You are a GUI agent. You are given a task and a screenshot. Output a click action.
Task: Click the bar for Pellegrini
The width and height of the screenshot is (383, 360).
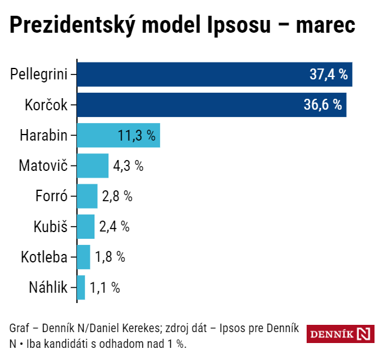pos(215,75)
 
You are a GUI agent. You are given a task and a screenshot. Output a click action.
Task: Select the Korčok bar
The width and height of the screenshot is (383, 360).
pos(211,105)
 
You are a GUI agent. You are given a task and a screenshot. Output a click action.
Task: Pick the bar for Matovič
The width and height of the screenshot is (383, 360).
pos(93,165)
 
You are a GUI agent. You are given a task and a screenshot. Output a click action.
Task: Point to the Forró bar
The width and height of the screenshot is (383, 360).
pos(87,196)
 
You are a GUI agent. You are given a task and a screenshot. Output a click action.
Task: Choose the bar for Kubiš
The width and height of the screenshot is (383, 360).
pos(86,226)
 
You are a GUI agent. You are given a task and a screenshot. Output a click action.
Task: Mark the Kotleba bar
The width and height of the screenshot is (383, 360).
pos(84,256)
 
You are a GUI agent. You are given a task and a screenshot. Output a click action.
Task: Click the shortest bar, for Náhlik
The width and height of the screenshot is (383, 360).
pos(81,287)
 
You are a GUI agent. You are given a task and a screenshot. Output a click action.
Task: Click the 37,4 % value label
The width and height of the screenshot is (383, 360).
pos(328,75)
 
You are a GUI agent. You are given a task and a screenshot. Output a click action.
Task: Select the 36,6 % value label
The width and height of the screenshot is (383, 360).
pos(322,105)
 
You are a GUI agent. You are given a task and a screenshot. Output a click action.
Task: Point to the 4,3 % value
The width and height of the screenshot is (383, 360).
pos(128,165)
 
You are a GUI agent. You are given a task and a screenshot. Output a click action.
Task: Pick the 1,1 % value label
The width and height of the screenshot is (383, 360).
pos(105,287)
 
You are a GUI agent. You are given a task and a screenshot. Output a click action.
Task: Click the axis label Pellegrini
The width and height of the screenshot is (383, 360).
pos(39,75)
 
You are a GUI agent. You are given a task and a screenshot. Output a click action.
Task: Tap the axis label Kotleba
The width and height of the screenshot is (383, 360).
pos(44,256)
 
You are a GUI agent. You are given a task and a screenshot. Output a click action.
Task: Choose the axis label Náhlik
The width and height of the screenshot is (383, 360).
pos(48,287)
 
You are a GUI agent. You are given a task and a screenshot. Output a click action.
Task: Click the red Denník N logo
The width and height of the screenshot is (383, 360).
pos(340,334)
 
